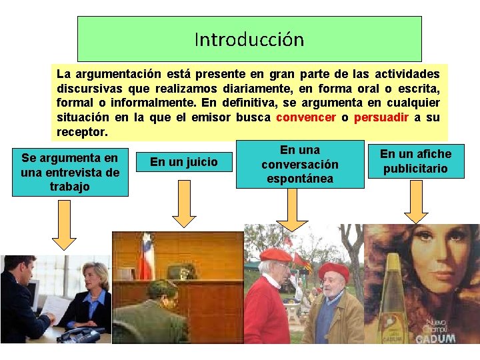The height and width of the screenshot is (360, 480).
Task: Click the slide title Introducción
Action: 249,40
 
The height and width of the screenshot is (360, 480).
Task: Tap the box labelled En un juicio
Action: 184,161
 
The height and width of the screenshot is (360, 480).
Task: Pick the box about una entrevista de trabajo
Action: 70,172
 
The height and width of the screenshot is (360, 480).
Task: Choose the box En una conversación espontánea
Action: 300,164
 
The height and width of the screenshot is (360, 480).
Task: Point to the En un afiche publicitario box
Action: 416,161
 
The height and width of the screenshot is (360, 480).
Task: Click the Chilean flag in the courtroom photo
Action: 145,256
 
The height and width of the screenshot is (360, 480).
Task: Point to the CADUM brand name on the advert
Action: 437,338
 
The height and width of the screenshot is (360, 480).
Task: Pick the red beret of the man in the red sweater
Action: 275,255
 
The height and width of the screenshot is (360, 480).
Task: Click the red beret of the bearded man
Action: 333,270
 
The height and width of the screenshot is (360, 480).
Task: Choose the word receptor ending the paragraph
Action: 82,132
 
